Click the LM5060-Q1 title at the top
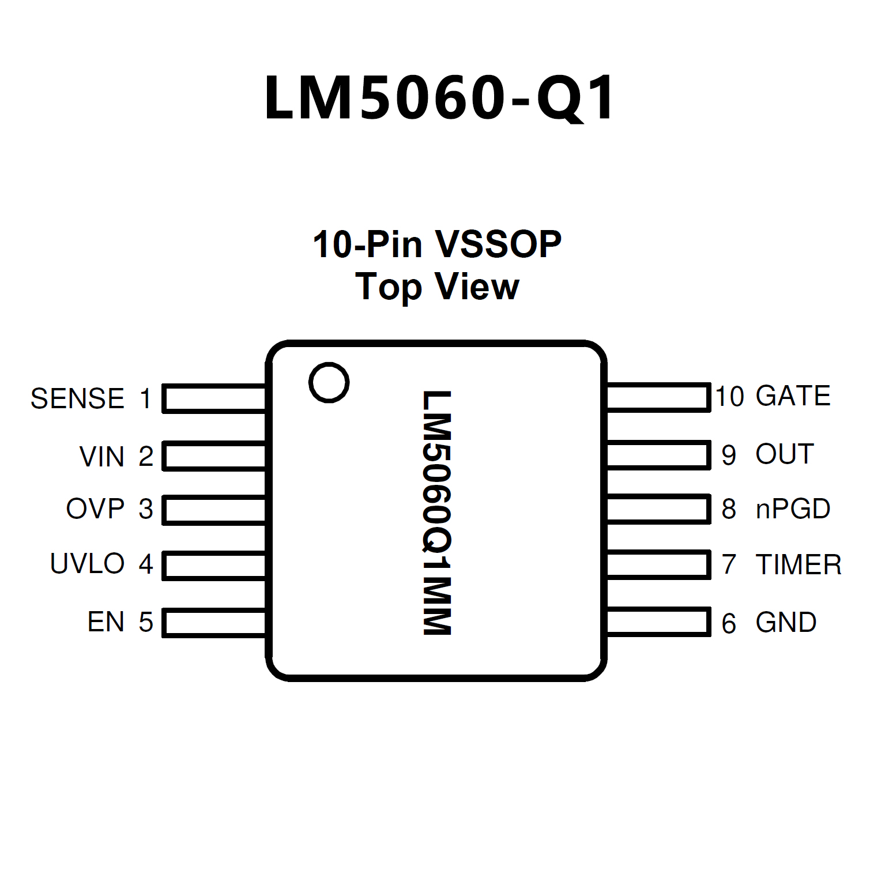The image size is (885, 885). (440, 99)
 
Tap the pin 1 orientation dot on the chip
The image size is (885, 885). (329, 383)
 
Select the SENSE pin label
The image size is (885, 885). (77, 399)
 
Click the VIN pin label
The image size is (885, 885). (102, 457)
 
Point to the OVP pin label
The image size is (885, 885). (95, 509)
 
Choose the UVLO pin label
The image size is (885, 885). (87, 564)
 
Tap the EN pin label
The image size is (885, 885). (106, 622)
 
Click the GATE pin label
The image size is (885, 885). (793, 396)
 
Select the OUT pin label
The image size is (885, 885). (785, 454)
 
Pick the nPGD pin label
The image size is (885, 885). (793, 509)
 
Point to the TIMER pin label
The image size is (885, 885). (799, 565)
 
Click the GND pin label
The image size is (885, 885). (786, 623)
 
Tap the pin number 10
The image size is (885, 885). (729, 397)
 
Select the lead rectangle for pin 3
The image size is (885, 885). (214, 510)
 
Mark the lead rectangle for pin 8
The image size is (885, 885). (658, 509)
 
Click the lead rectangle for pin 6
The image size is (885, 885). (658, 622)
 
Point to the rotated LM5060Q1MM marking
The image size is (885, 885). (436, 513)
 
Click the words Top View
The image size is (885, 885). (437, 287)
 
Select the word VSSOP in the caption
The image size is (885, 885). (498, 244)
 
